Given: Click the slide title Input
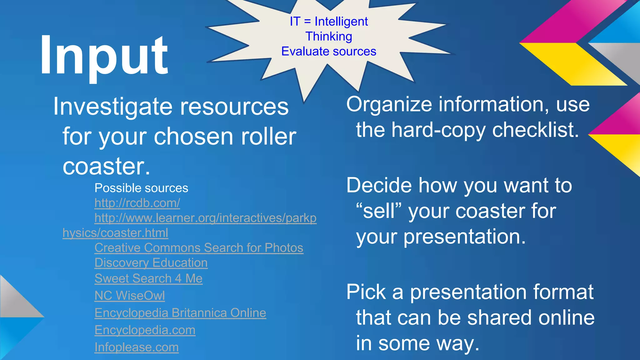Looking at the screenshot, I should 104,56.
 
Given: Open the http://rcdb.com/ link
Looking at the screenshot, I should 137,203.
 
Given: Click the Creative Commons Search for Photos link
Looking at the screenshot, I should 199,248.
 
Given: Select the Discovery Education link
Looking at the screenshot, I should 151,263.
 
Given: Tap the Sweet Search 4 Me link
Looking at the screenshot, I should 148,278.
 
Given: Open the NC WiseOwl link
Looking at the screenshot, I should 130,296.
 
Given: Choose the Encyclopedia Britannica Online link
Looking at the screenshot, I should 180,313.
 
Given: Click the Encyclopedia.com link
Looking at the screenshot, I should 145,330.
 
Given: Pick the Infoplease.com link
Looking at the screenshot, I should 137,347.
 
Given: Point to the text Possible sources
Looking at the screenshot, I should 141,188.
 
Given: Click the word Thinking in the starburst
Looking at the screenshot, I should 329,37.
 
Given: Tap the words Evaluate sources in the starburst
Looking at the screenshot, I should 329,52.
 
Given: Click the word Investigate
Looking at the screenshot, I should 113,107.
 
